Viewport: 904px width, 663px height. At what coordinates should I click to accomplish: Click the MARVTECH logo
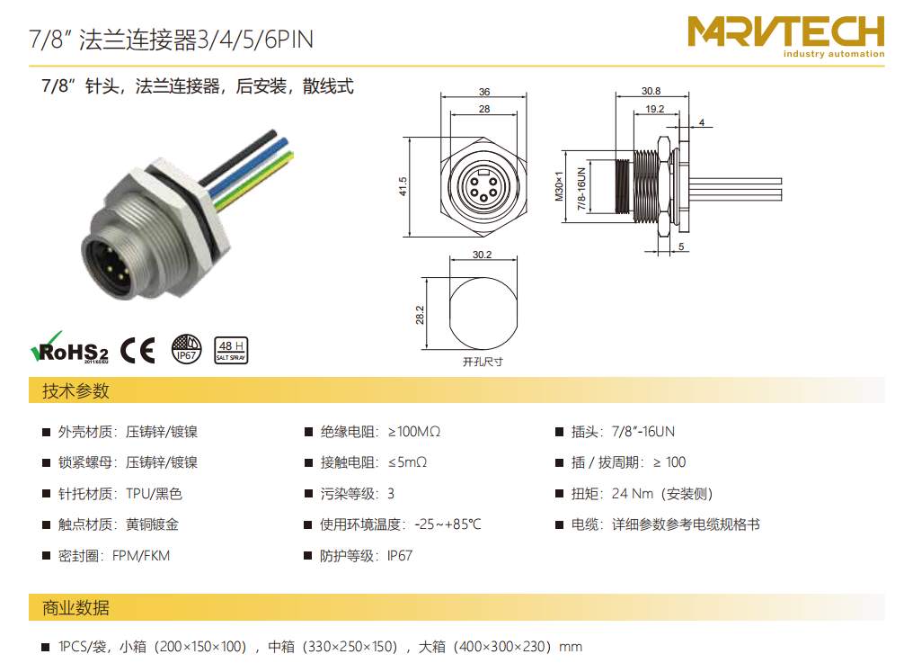pos(785,37)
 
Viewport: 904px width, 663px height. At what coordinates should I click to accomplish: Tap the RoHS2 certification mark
pos(69,348)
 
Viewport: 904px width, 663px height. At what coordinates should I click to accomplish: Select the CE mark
pos(137,350)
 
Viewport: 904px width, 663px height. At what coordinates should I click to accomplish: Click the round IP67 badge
pos(187,349)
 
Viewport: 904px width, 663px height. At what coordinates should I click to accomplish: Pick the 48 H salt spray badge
pos(231,350)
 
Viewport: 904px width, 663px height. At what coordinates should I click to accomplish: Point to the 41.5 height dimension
pos(403,186)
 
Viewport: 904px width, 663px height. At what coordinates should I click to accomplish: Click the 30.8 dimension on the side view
pos(651,91)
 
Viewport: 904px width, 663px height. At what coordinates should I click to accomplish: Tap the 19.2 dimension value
pos(654,109)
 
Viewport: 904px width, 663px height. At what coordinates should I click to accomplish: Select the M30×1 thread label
pos(559,186)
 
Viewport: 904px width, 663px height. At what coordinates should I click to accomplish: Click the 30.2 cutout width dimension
pos(482,255)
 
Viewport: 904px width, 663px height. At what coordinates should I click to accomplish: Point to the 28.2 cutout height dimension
pos(420,315)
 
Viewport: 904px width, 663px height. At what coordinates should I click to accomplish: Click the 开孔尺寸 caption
pos(483,362)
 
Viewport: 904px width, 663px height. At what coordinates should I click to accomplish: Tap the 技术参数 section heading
pos(75,390)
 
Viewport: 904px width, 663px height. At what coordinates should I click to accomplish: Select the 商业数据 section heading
pos(75,607)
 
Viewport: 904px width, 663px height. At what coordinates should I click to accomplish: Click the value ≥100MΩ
pos(414,432)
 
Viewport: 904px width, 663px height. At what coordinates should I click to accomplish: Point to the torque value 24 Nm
pos(633,494)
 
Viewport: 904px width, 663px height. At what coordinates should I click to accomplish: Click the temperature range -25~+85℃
pos(448,524)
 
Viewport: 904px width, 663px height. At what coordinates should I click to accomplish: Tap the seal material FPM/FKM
pos(141,556)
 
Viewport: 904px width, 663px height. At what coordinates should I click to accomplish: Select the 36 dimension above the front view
pos(484,92)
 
